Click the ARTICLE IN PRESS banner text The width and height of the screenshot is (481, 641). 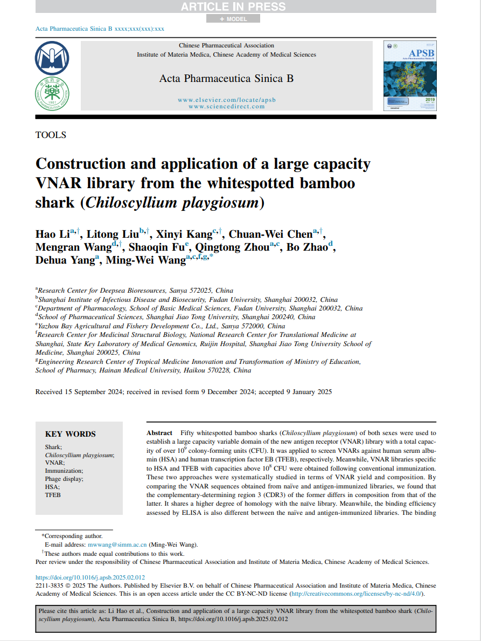pos(233,7)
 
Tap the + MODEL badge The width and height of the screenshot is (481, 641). pos(233,19)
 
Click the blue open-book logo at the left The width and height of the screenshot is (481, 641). pos(52,58)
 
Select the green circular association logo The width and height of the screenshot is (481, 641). pos(52,92)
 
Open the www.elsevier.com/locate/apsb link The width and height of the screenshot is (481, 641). pos(226,100)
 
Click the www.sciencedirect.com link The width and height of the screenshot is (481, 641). pos(226,106)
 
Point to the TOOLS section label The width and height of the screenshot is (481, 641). pos(51,135)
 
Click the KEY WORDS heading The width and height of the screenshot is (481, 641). pos(70,434)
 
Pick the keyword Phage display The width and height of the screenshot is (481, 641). pos(64,479)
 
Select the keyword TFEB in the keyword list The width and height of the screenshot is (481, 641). pos(53,495)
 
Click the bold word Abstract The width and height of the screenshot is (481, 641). pos(159,433)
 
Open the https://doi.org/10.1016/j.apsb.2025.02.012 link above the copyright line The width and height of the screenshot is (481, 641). pos(90,577)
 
